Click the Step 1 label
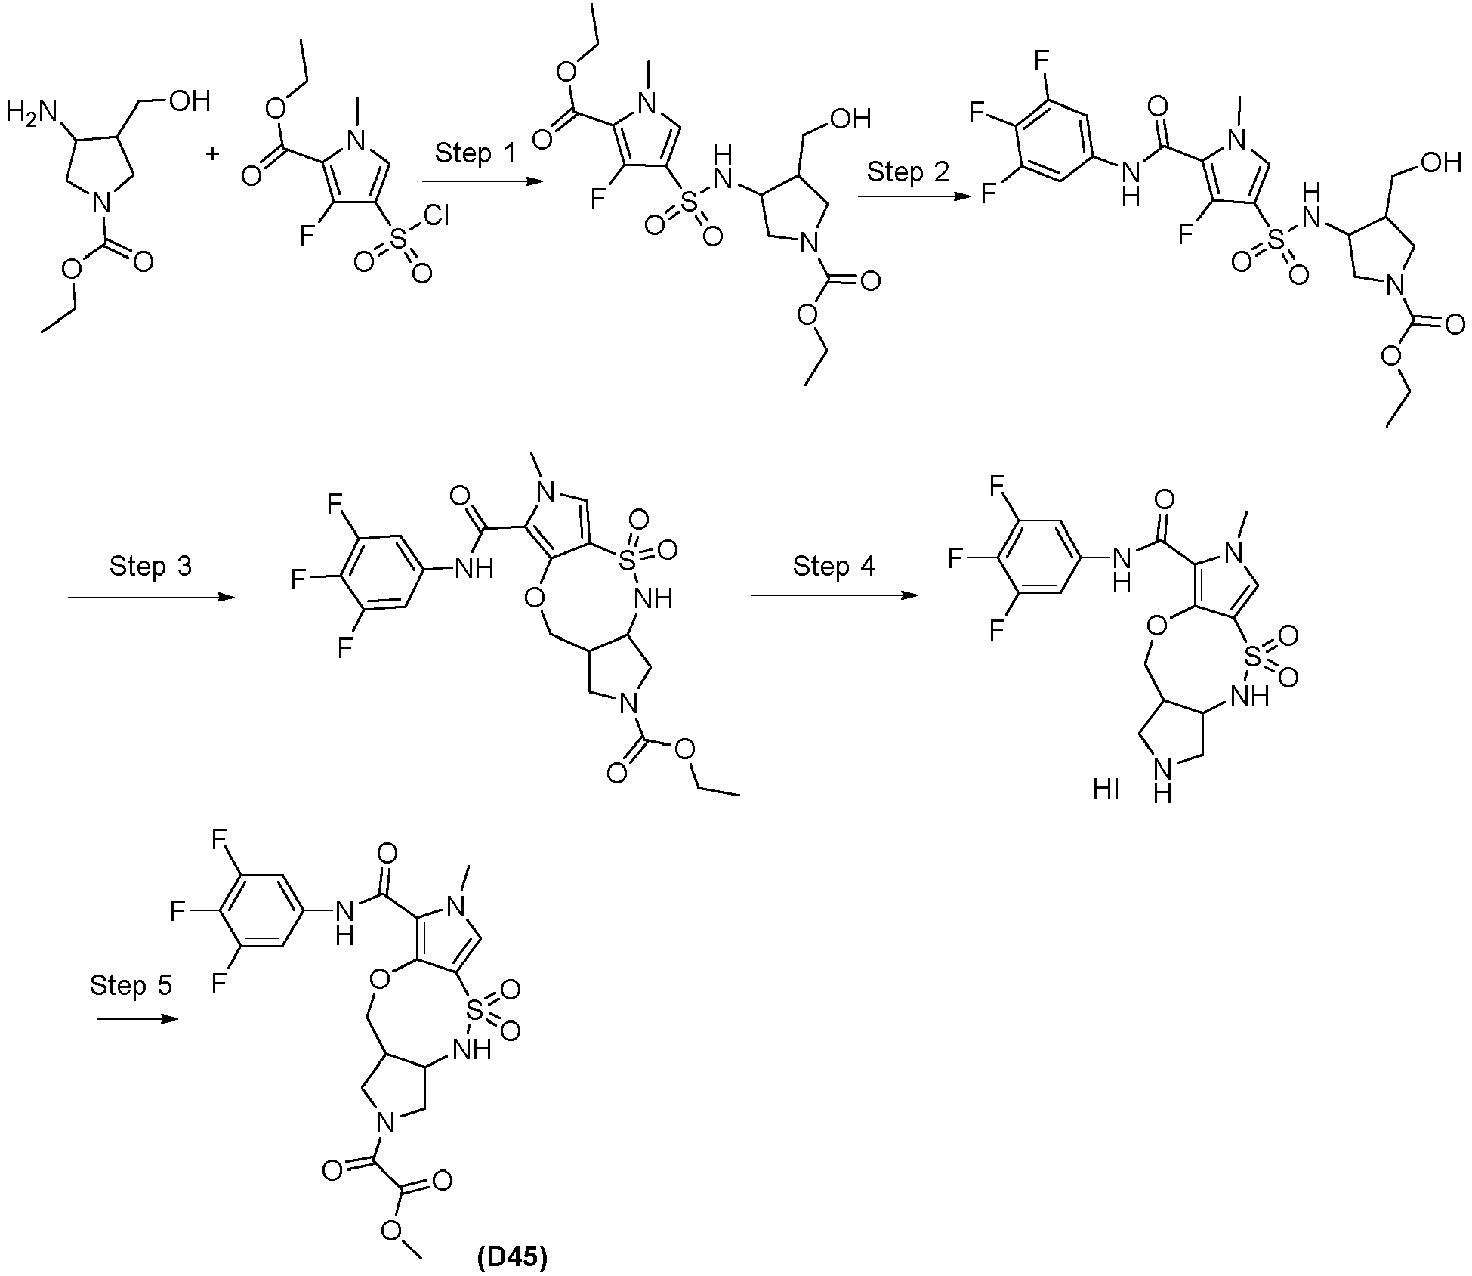tap(475, 154)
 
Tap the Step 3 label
tap(151, 566)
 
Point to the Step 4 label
tap(834, 566)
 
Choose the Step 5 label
tap(131, 985)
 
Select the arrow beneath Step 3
tap(151, 598)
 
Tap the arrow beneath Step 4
tap(835, 595)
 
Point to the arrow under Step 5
tap(137, 1019)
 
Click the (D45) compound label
tap(513, 1258)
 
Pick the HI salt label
tap(1106, 790)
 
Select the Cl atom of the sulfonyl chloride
tap(437, 218)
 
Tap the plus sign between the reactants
tap(213, 154)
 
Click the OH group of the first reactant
tap(189, 101)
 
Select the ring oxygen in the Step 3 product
tap(535, 598)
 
